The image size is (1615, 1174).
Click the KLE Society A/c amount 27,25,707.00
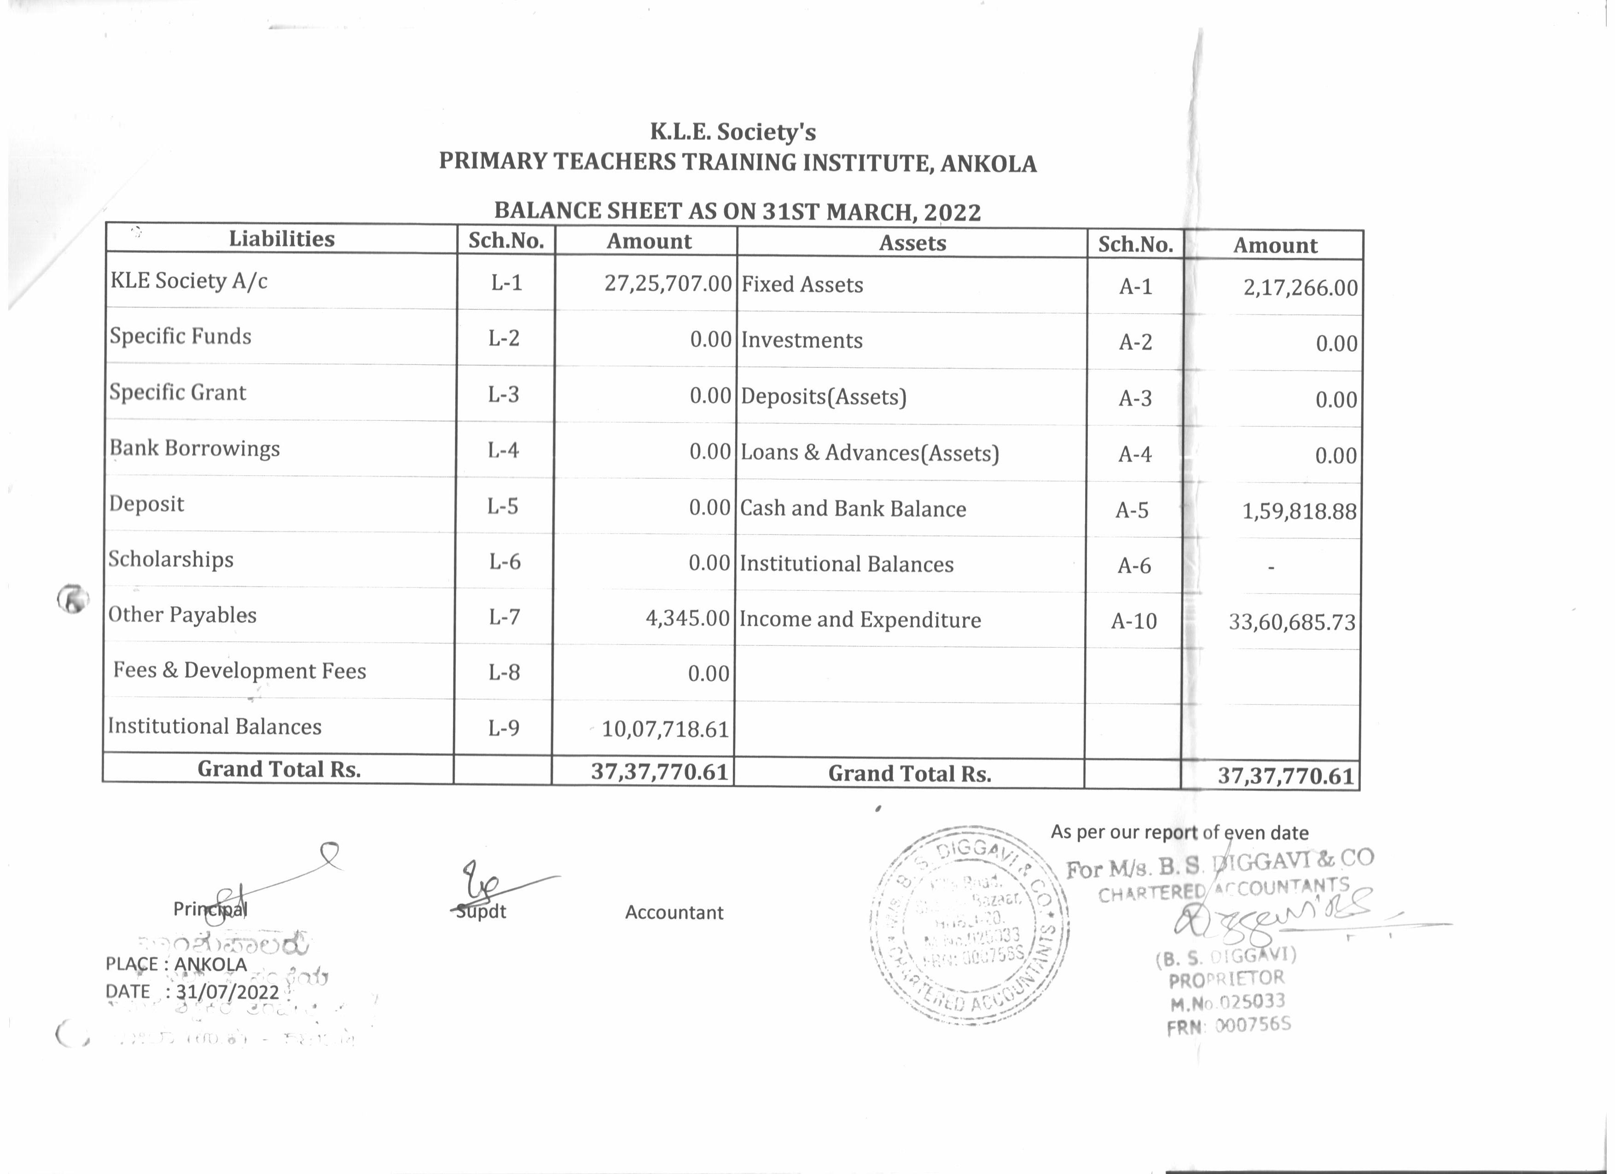coord(667,283)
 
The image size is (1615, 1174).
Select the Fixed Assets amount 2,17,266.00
coord(1300,288)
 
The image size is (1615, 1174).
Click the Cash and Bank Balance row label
coord(853,508)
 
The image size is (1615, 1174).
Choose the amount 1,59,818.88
coord(1300,511)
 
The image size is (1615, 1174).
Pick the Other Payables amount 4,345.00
coord(687,617)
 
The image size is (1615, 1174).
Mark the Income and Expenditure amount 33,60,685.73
coord(1292,622)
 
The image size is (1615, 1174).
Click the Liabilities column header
coord(281,238)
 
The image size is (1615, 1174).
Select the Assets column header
coord(912,243)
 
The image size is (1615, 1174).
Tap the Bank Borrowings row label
coord(194,448)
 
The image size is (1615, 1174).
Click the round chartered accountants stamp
coord(969,924)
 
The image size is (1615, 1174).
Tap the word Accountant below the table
coord(674,912)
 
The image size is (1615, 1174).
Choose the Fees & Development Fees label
coord(239,671)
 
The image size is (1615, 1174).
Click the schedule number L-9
coord(504,727)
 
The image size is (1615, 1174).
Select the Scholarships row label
coord(171,559)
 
